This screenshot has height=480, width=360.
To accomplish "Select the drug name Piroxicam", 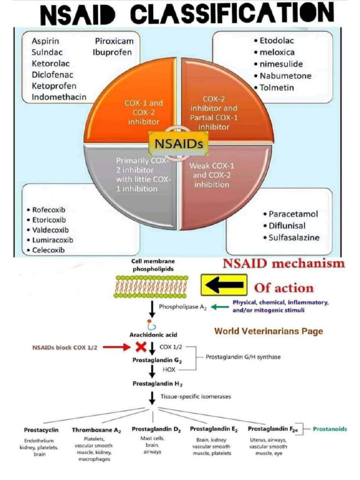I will tap(114, 41).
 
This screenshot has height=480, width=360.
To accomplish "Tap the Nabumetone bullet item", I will tap(285, 75).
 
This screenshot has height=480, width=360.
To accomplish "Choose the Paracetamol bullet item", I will tap(292, 214).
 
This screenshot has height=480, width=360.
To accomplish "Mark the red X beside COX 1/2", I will tap(140, 347).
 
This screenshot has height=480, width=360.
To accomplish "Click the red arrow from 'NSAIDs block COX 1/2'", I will tap(115, 347).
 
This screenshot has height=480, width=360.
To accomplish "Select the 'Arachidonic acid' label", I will tap(153, 335).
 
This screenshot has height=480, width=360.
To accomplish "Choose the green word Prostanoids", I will tap(330, 429).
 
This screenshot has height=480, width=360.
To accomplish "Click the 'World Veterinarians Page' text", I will tap(269, 331).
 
